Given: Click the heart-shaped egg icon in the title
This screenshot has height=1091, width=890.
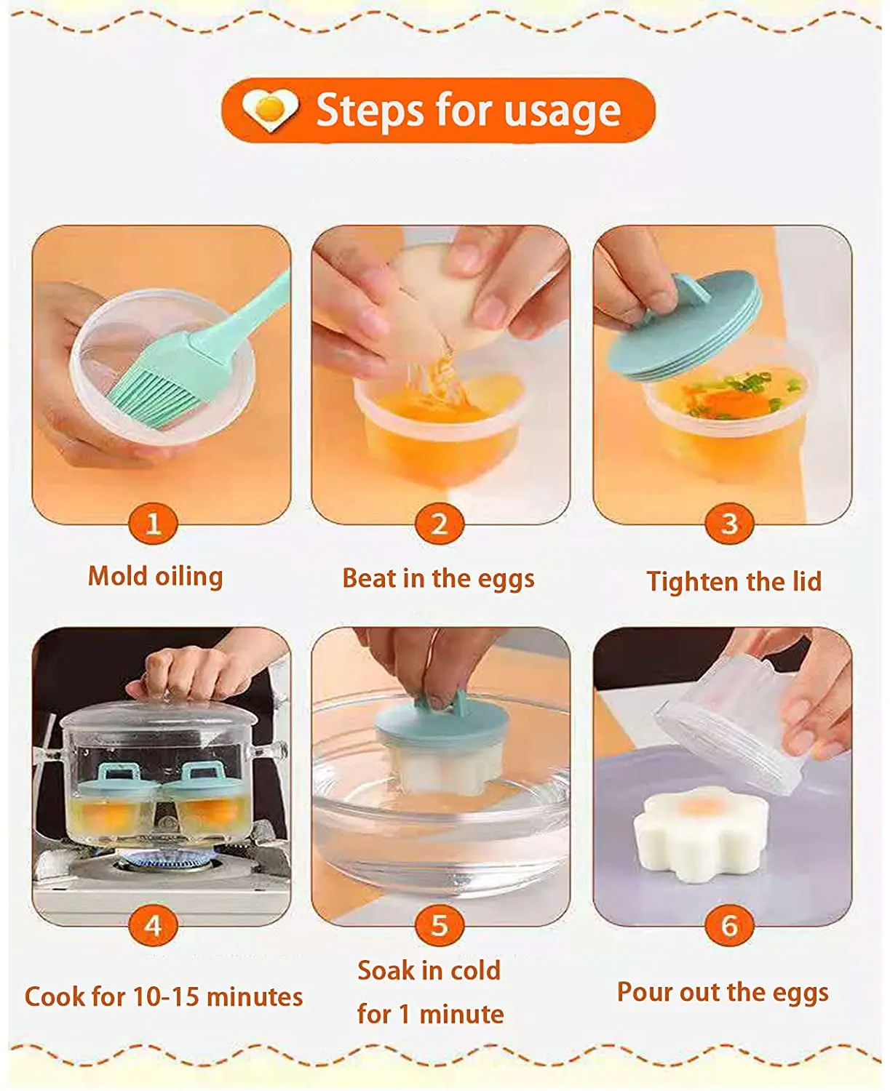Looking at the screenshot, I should click(x=270, y=111).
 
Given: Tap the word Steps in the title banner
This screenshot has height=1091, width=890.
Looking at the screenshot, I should click(x=369, y=111).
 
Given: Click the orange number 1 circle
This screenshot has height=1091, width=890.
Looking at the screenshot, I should click(x=153, y=524).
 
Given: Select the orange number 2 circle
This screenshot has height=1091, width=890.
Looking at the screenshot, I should click(x=439, y=524).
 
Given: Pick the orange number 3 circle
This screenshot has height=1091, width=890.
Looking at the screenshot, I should click(x=729, y=524).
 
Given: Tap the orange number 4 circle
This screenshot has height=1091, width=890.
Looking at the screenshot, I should click(x=153, y=926).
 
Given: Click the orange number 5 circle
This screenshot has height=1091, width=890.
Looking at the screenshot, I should click(x=439, y=926).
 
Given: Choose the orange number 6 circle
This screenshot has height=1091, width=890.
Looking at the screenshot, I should click(x=729, y=926).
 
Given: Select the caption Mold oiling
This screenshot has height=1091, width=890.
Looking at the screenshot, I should click(x=155, y=576).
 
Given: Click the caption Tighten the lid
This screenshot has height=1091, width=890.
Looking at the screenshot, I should click(x=734, y=582).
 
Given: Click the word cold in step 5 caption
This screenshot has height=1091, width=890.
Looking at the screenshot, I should click(x=475, y=970).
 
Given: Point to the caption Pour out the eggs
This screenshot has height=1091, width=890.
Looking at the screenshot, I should click(x=723, y=992).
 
